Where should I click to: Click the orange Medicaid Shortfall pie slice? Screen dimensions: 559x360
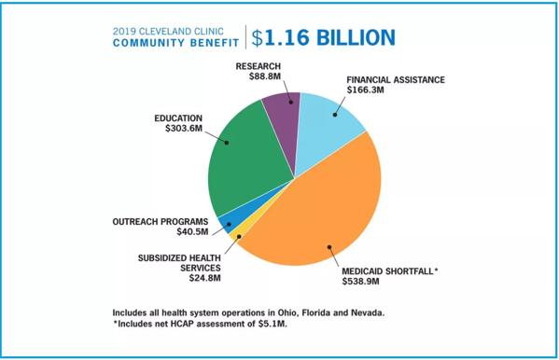coord(321,210)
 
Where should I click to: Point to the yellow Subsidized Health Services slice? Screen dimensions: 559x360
coord(238,233)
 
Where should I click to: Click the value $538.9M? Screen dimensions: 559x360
coord(361,282)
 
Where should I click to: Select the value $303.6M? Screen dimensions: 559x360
coord(184,129)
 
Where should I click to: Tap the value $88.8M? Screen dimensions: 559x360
coord(265,76)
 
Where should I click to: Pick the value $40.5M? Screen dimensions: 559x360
coord(192,231)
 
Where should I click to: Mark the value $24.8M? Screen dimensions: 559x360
coord(205,278)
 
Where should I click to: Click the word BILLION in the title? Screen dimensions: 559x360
coord(356,37)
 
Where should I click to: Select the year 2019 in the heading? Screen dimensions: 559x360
coord(124,32)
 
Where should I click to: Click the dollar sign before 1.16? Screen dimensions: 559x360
coord(257,38)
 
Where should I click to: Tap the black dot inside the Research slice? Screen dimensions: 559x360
coord(291,103)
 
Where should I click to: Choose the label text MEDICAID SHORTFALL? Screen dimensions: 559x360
coord(387,271)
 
